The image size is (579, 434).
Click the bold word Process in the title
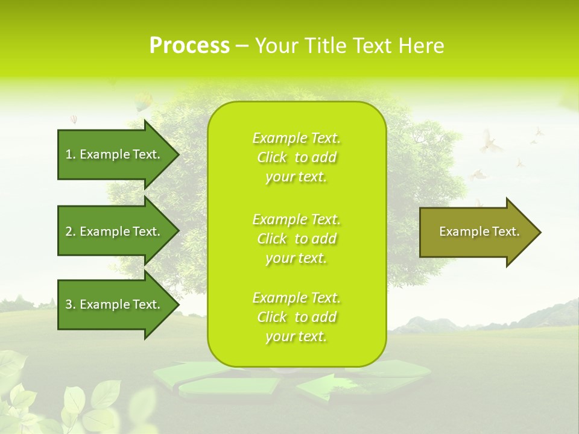tap(189, 46)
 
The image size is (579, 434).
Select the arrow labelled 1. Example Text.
tap(115, 154)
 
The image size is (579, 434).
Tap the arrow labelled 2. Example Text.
tap(115, 231)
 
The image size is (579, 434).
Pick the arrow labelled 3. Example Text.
tap(115, 304)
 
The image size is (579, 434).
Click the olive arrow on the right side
tap(476, 232)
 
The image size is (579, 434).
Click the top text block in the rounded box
tap(296, 157)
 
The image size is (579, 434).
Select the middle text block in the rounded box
tap(296, 239)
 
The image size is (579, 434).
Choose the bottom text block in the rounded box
tap(296, 317)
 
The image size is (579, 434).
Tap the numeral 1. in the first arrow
tap(70, 154)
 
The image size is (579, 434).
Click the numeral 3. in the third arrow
tap(70, 304)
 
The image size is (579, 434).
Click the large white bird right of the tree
tap(490, 142)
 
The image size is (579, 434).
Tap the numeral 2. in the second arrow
tap(70, 231)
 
